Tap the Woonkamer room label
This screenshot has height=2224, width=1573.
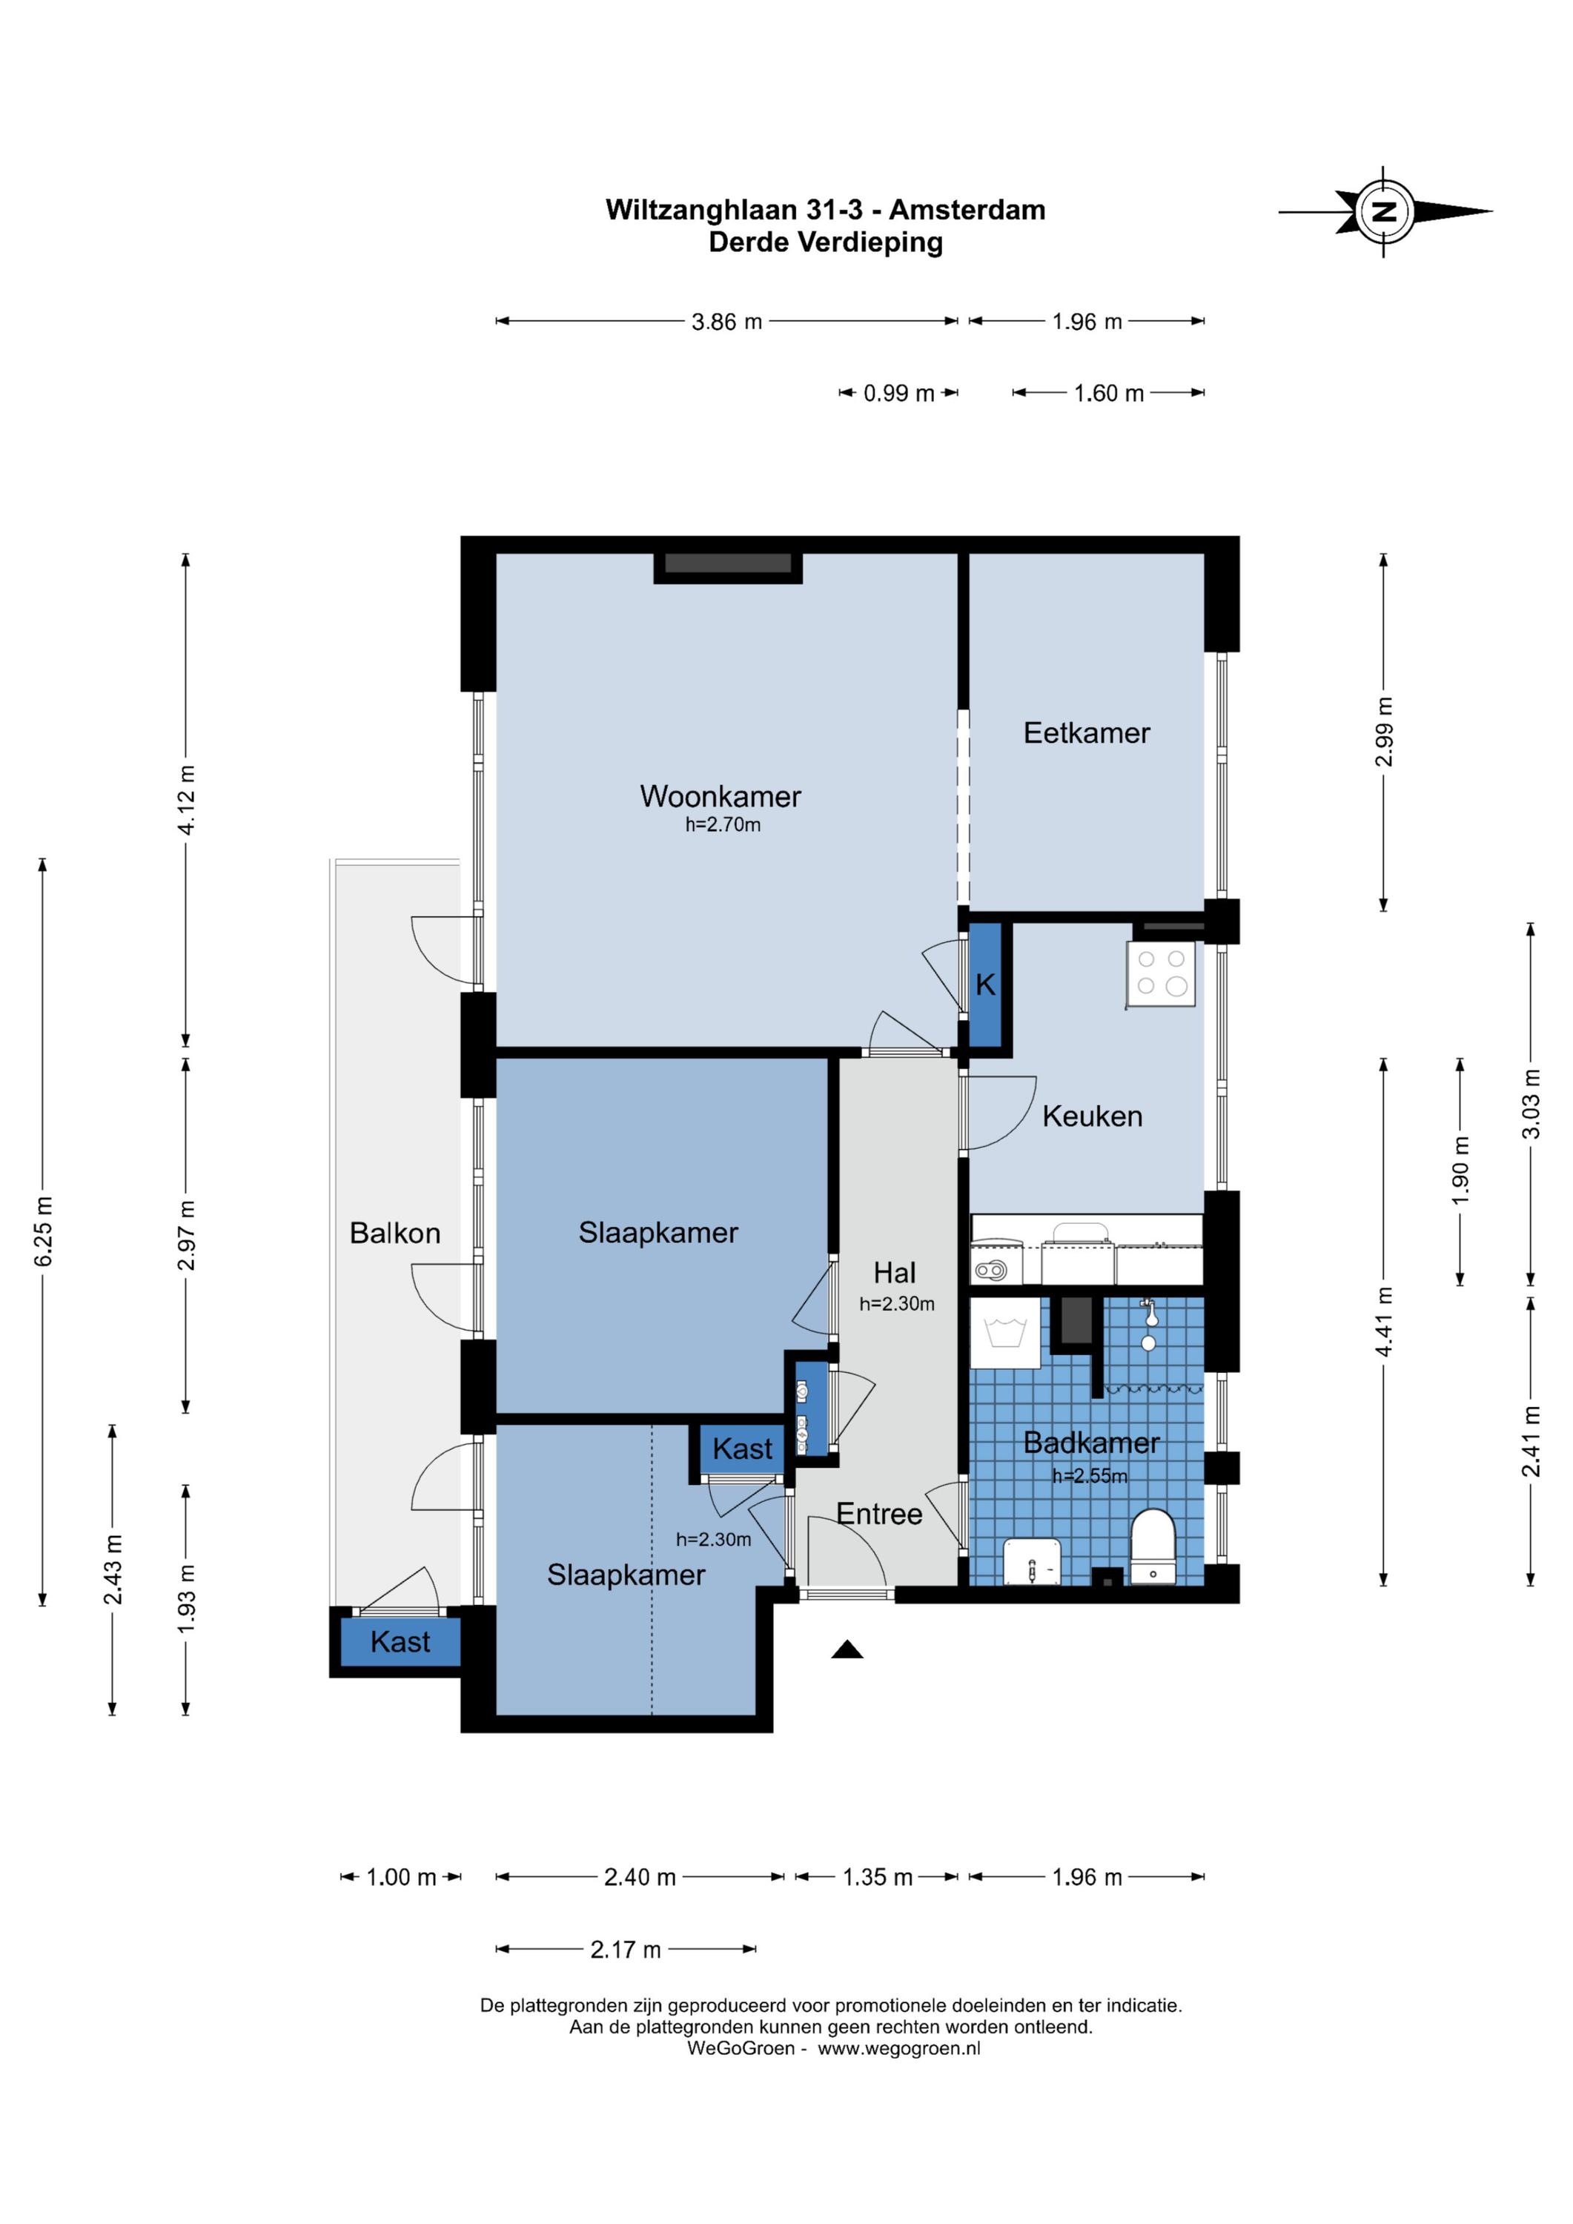[720, 796]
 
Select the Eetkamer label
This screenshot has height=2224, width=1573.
[1087, 732]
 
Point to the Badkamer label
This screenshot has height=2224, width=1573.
[1092, 1443]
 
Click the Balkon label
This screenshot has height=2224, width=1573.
[395, 1233]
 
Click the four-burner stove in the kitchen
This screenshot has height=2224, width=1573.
[1160, 973]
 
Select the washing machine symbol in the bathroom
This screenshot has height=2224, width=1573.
[1005, 1332]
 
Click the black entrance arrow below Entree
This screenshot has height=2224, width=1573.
[847, 1649]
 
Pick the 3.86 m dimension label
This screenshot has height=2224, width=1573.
[726, 322]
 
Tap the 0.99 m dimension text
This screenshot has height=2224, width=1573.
[899, 393]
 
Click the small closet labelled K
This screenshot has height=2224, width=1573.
[985, 984]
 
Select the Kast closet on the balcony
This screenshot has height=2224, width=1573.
[400, 1642]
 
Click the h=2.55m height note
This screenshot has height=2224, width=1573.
[1090, 1476]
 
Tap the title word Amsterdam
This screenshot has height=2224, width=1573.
[967, 211]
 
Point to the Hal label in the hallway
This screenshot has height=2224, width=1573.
[894, 1272]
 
